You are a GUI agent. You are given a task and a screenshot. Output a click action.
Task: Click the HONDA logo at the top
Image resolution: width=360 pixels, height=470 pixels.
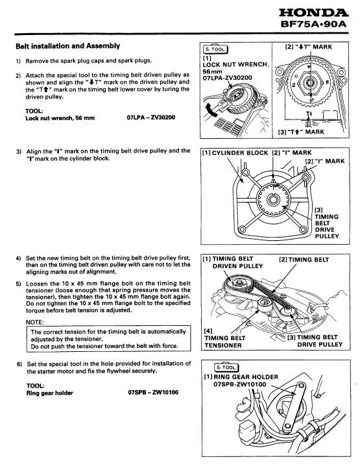point(314,12)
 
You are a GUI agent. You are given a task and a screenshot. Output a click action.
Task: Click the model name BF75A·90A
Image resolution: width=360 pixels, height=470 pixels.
point(313,24)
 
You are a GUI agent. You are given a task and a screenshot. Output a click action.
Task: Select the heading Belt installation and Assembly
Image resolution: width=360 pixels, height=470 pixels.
point(67,46)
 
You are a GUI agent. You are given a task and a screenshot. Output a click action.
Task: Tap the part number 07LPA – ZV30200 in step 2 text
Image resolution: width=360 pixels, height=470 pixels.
point(151,117)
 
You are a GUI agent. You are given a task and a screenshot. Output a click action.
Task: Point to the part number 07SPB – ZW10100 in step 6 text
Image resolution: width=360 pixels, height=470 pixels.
point(153,392)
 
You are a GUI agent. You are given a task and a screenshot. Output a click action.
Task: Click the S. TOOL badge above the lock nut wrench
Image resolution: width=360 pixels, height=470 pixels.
point(215,49)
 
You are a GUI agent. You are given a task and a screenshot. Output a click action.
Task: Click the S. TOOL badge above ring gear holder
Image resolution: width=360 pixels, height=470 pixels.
point(227,367)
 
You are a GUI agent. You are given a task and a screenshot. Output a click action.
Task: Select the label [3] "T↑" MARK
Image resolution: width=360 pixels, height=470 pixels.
point(302,132)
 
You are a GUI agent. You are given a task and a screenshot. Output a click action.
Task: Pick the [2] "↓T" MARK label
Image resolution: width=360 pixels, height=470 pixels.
point(309,47)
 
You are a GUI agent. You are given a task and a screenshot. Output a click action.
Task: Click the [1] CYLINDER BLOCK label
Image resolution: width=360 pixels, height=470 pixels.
point(235,153)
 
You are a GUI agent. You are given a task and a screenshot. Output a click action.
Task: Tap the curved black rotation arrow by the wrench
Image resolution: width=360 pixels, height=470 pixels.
point(211,110)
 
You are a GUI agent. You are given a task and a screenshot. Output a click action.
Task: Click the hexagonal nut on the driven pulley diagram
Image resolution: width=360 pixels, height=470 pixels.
point(309,82)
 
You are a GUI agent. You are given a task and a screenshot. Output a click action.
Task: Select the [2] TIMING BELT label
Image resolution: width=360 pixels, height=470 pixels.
point(304,260)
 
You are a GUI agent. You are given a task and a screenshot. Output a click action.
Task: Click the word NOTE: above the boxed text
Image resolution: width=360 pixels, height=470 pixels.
point(35,323)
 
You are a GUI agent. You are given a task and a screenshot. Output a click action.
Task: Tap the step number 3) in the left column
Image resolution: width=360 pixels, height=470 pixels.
point(19,151)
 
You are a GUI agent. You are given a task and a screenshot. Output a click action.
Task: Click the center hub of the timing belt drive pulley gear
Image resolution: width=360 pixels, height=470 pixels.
point(273,199)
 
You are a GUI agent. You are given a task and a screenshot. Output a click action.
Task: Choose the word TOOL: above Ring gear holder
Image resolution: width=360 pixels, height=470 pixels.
point(35,386)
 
